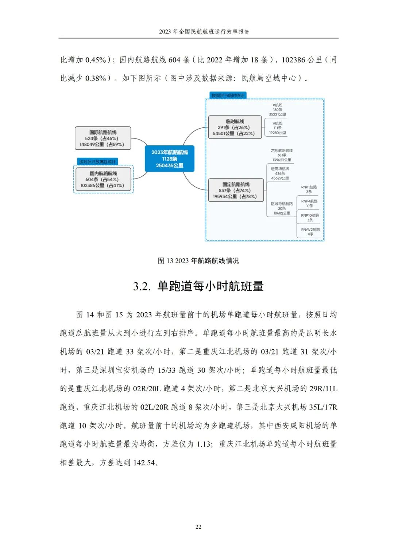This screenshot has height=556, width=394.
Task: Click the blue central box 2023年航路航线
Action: point(169,158)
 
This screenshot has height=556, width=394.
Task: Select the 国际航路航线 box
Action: point(103,138)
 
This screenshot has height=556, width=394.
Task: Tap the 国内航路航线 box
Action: point(103,179)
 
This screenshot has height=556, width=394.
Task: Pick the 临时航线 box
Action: point(235,127)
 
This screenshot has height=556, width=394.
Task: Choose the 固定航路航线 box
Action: point(236,190)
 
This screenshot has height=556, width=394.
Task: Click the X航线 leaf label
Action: point(277,109)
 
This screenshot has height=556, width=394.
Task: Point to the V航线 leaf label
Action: point(277,128)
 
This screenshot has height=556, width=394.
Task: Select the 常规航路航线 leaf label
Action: point(282,155)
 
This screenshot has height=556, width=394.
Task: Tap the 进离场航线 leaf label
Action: point(280,173)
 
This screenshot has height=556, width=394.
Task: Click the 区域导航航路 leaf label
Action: point(282,208)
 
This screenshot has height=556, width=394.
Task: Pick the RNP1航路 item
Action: point(309,189)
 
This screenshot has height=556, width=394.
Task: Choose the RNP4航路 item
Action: point(309,203)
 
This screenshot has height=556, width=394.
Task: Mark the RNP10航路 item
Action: point(310,218)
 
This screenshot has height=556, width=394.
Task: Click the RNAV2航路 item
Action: point(310,232)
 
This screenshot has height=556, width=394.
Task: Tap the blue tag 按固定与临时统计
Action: point(228,95)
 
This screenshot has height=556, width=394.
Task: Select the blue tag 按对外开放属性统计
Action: point(97,162)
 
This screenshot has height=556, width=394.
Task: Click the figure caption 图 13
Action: point(198,261)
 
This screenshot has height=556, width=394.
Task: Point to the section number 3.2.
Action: point(142,286)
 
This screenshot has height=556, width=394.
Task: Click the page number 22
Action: point(198,527)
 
